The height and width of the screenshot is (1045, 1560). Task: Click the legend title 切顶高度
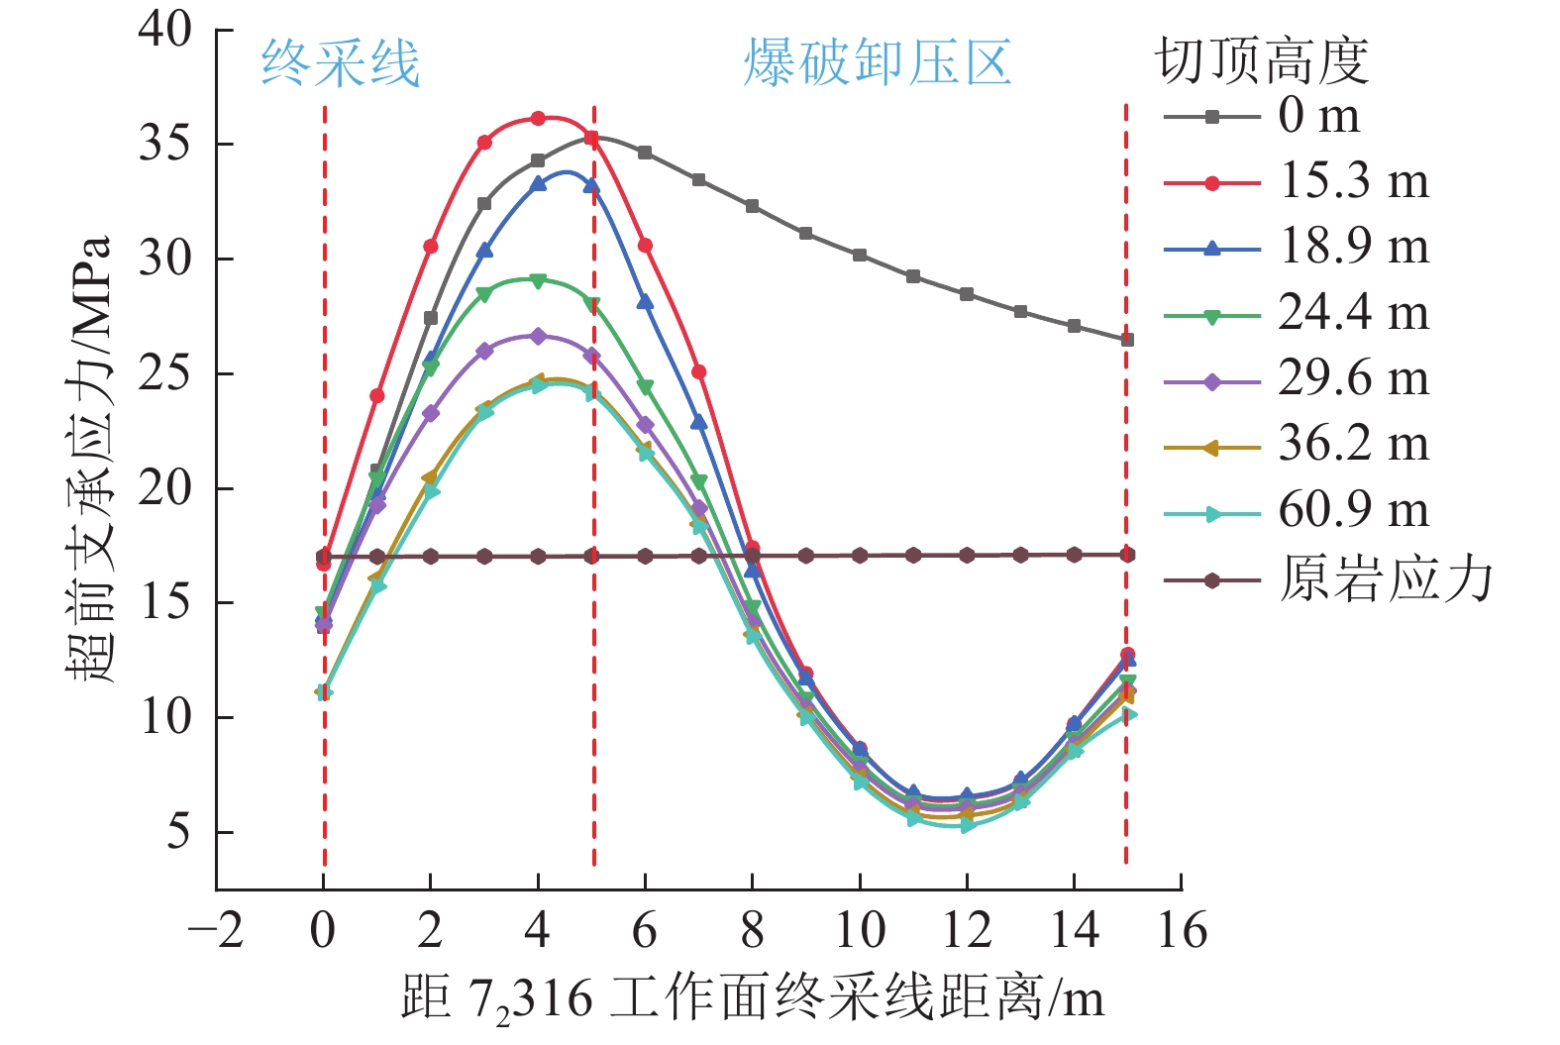coord(1262,61)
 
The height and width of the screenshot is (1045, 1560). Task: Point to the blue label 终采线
coord(340,64)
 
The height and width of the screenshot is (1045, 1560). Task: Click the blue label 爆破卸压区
coord(878,64)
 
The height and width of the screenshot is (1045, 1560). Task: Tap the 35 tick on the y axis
coord(165,145)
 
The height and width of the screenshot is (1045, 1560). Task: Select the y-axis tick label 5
coord(178,832)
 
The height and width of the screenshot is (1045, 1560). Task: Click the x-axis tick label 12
coord(967,931)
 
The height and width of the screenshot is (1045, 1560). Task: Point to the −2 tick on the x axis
coord(216,931)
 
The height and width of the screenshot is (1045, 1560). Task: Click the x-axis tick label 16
coord(1182,931)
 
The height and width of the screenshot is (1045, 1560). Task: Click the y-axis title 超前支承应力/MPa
coord(90,459)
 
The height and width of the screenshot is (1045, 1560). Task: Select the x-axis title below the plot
coord(753,998)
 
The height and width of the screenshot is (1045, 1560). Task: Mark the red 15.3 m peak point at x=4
coord(538,119)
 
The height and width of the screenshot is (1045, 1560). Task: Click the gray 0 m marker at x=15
coord(1126,340)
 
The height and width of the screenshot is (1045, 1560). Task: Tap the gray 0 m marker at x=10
coord(860,256)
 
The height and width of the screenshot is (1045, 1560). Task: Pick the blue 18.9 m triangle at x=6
coord(645,301)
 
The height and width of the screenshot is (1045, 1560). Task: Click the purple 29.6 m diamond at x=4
coord(538,337)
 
